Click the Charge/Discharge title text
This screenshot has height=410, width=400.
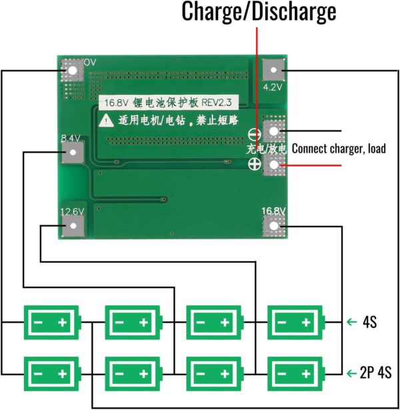[x=259, y=12]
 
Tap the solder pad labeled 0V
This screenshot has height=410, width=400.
[x=71, y=69]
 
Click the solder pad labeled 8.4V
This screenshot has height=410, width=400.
[x=71, y=153]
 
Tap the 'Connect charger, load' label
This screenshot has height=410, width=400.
[x=339, y=149]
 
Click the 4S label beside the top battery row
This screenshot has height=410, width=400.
[x=371, y=323]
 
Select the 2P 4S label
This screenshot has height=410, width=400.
[x=372, y=371]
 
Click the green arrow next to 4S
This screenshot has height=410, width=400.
[x=351, y=323]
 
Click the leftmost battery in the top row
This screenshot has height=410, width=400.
[x=52, y=323]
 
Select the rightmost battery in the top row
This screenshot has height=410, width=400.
[x=295, y=323]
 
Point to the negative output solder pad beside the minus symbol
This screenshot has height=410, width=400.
[x=274, y=131]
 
